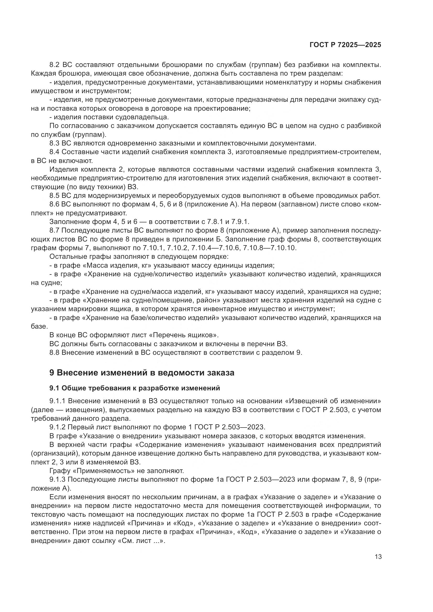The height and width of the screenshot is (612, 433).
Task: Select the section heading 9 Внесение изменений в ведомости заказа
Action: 142,372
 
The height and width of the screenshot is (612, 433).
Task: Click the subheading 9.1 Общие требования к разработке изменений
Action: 135,388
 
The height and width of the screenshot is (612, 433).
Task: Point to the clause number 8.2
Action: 54,65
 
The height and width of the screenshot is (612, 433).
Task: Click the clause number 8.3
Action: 54,143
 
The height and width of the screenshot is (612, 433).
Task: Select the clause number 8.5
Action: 54,196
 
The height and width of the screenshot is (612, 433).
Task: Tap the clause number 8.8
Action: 54,352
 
